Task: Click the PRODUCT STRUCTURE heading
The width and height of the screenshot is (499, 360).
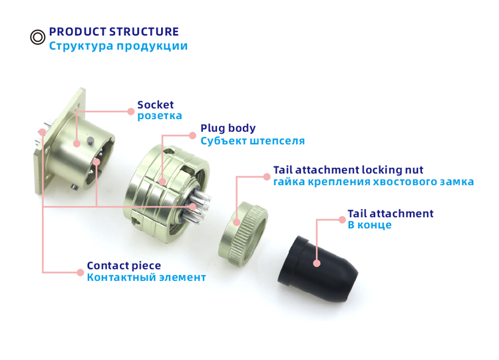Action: click(x=114, y=31)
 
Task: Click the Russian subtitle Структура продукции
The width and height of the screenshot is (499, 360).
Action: click(x=118, y=46)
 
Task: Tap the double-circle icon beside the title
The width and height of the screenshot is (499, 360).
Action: click(x=38, y=37)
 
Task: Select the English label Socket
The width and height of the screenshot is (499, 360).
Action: click(x=155, y=104)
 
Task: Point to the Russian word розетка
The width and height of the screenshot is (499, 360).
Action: click(x=159, y=116)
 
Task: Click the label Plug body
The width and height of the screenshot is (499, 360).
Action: click(x=228, y=128)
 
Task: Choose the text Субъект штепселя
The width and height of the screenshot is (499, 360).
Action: click(x=252, y=141)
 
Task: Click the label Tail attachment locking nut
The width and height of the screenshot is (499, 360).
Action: click(x=348, y=170)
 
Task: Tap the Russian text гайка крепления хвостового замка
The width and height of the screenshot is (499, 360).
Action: click(x=373, y=182)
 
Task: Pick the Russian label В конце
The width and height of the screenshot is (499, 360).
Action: click(x=369, y=225)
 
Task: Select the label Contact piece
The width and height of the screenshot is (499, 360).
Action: click(x=124, y=266)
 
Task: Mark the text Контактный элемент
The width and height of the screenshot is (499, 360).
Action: click(x=146, y=277)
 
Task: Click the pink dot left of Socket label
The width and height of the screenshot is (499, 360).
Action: click(x=130, y=110)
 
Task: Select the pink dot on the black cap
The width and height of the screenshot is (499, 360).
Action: click(x=317, y=264)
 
